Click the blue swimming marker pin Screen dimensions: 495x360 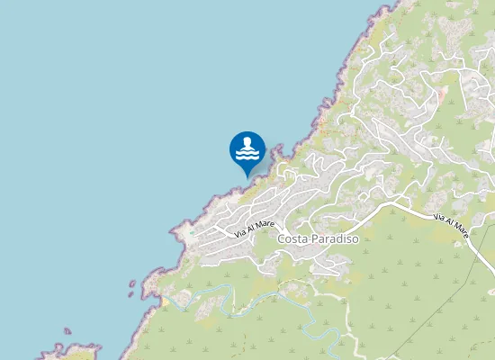click(x=247, y=149)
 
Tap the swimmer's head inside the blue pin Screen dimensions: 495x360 click(x=247, y=141)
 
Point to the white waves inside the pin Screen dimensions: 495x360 click(x=247, y=155)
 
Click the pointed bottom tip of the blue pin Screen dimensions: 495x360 click(x=247, y=175)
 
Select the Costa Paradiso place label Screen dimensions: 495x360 click(x=318, y=239)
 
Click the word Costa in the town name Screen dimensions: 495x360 click(x=294, y=239)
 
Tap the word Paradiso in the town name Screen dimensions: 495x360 click(x=336, y=239)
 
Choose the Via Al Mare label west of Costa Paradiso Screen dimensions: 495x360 click(x=254, y=229)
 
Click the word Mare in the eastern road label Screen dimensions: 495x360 click(x=460, y=229)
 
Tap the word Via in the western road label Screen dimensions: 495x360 click(x=240, y=235)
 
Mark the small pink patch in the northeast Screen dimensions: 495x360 click(x=441, y=93)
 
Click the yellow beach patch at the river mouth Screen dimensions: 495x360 click(x=163, y=301)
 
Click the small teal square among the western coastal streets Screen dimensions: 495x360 click(x=191, y=231)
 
